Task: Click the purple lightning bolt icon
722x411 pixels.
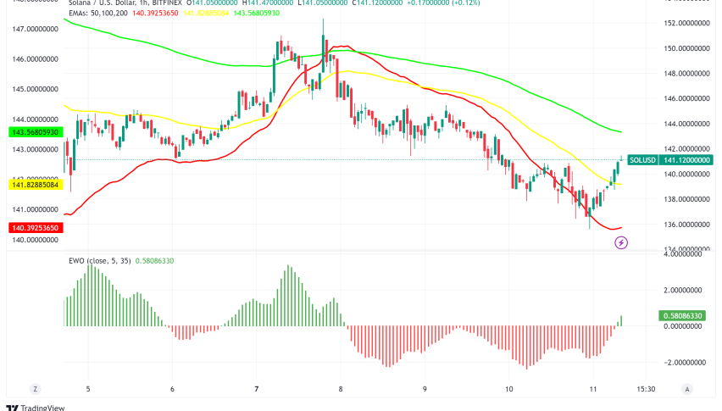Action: (x=620, y=242)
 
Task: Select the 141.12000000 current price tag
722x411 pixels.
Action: (x=686, y=159)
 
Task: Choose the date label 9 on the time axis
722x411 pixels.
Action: (x=425, y=390)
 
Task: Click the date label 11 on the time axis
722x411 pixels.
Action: (x=592, y=390)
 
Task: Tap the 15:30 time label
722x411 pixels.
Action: (x=645, y=390)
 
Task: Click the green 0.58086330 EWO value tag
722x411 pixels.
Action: (x=683, y=316)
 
